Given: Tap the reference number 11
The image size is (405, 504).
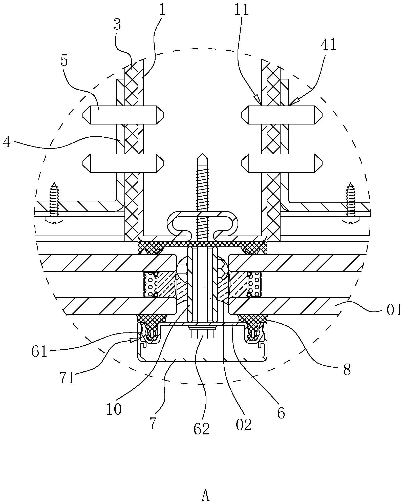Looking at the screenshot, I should (x=242, y=10).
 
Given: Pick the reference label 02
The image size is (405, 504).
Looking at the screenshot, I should (x=244, y=425).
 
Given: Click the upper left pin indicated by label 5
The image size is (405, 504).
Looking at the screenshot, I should (x=123, y=115).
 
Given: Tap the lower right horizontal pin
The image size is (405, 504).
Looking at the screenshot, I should (x=282, y=163).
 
